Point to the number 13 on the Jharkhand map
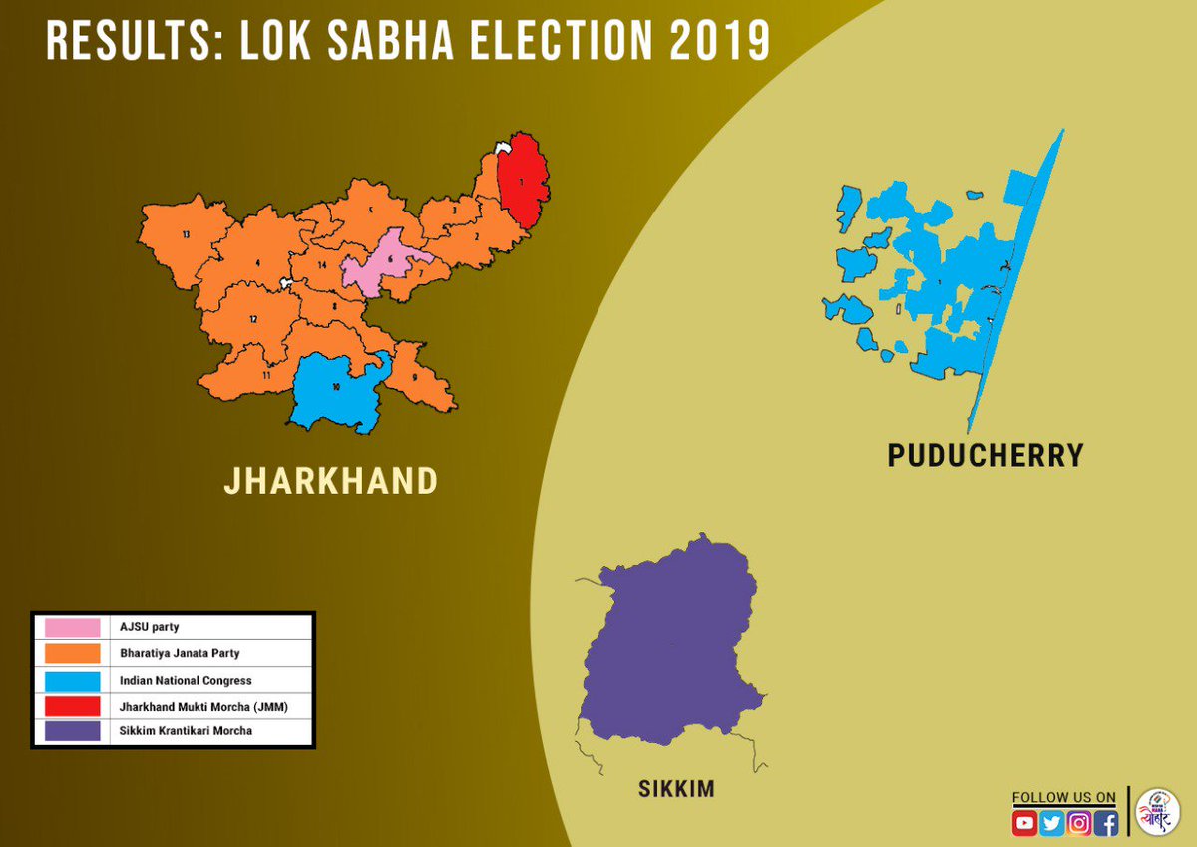[x=186, y=234]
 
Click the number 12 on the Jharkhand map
[x=253, y=319]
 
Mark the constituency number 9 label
[x=414, y=378]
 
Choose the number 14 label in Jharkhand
[x=322, y=265]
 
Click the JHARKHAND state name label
[x=330, y=481]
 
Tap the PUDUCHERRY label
[x=985, y=456]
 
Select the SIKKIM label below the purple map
[x=676, y=790]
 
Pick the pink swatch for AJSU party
[x=72, y=628]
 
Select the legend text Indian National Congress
[x=186, y=680]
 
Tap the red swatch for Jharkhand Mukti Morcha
[x=72, y=706]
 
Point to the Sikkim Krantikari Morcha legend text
[x=186, y=731]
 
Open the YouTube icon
[x=1024, y=823]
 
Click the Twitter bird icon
[x=1051, y=823]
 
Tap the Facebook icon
[x=1105, y=823]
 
